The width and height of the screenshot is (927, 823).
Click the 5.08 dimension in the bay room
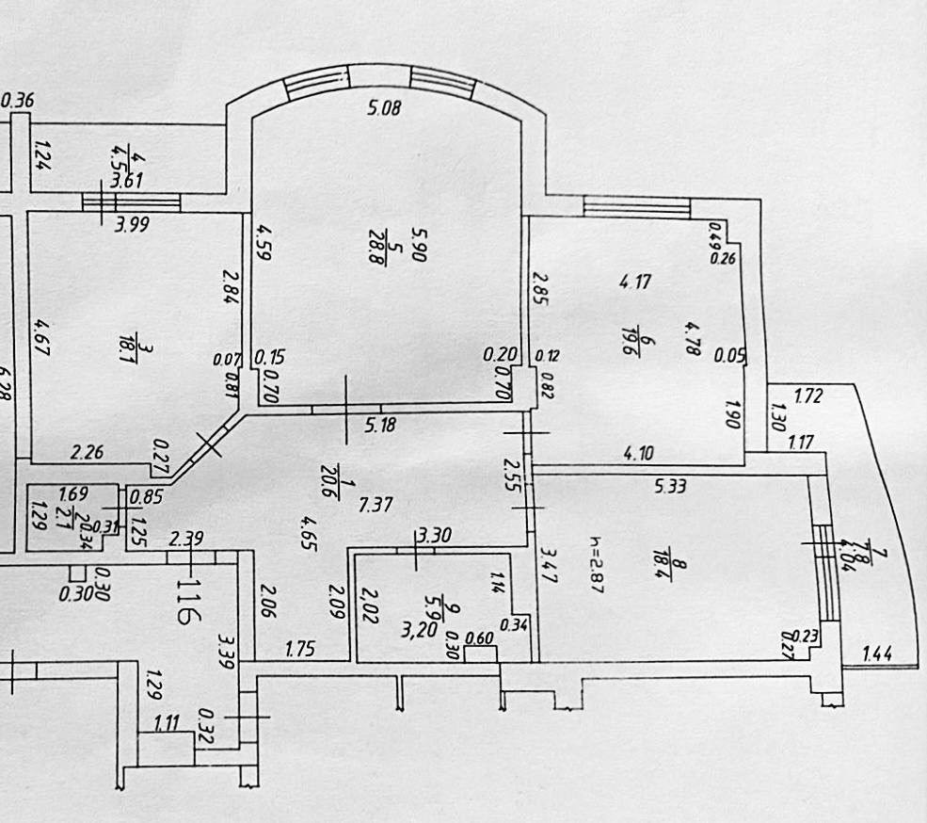coord(383,108)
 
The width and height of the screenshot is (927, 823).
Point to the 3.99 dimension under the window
coord(132,224)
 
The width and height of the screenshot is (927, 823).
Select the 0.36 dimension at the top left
coord(19,101)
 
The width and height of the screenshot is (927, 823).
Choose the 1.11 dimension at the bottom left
coord(167,723)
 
